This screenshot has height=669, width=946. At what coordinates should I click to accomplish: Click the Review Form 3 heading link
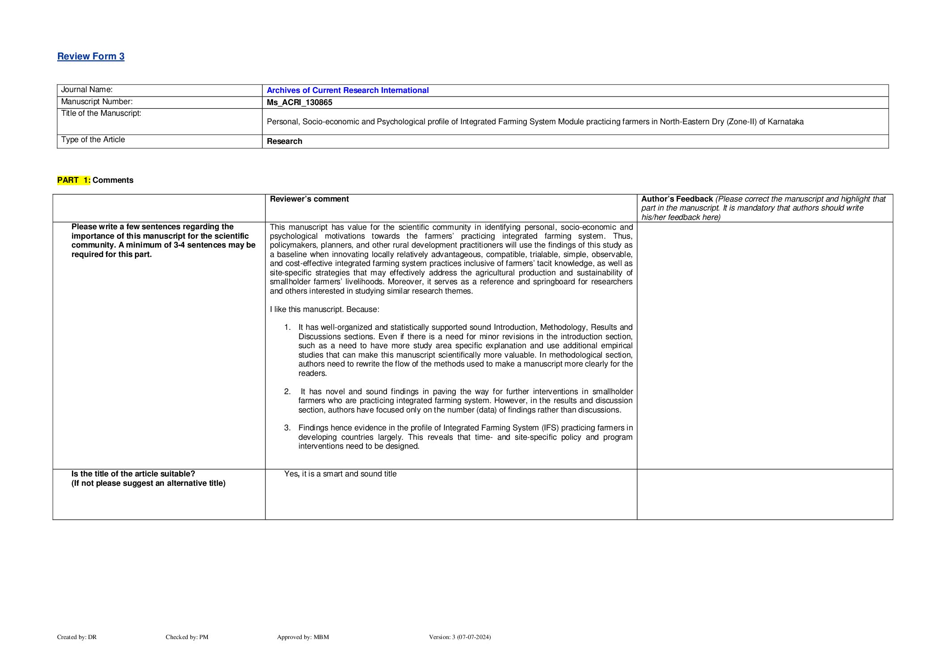tap(91, 56)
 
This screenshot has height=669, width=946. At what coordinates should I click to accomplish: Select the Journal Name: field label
tap(87, 90)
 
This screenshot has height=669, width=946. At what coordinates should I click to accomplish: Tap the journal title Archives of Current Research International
tap(347, 90)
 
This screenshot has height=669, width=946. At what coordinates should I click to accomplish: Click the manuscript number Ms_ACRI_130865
tap(299, 102)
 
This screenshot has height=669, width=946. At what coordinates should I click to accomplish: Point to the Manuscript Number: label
tap(97, 102)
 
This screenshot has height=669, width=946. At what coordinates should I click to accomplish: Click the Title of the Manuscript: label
tap(101, 114)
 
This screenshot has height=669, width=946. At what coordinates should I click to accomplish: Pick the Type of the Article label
tap(93, 140)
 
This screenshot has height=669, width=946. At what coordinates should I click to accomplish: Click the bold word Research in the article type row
tap(284, 141)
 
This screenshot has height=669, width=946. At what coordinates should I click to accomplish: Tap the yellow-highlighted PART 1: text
tap(74, 180)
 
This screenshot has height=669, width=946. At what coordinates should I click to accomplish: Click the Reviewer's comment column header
tap(309, 199)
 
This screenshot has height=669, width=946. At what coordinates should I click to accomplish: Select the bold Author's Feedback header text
tap(677, 199)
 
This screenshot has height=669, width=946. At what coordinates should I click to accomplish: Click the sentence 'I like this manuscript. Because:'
tap(324, 309)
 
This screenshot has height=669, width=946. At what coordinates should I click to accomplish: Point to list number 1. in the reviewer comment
tap(287, 328)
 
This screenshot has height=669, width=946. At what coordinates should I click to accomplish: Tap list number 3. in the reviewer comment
tap(287, 428)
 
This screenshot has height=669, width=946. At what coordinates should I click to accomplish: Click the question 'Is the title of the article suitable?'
tap(133, 474)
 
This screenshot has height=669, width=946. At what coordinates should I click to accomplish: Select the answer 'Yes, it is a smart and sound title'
tap(340, 474)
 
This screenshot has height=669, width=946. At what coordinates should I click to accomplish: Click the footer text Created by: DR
tap(77, 637)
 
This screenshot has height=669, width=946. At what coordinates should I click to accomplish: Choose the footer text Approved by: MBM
tap(303, 637)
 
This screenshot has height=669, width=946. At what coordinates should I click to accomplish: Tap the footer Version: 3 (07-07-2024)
tap(459, 637)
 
